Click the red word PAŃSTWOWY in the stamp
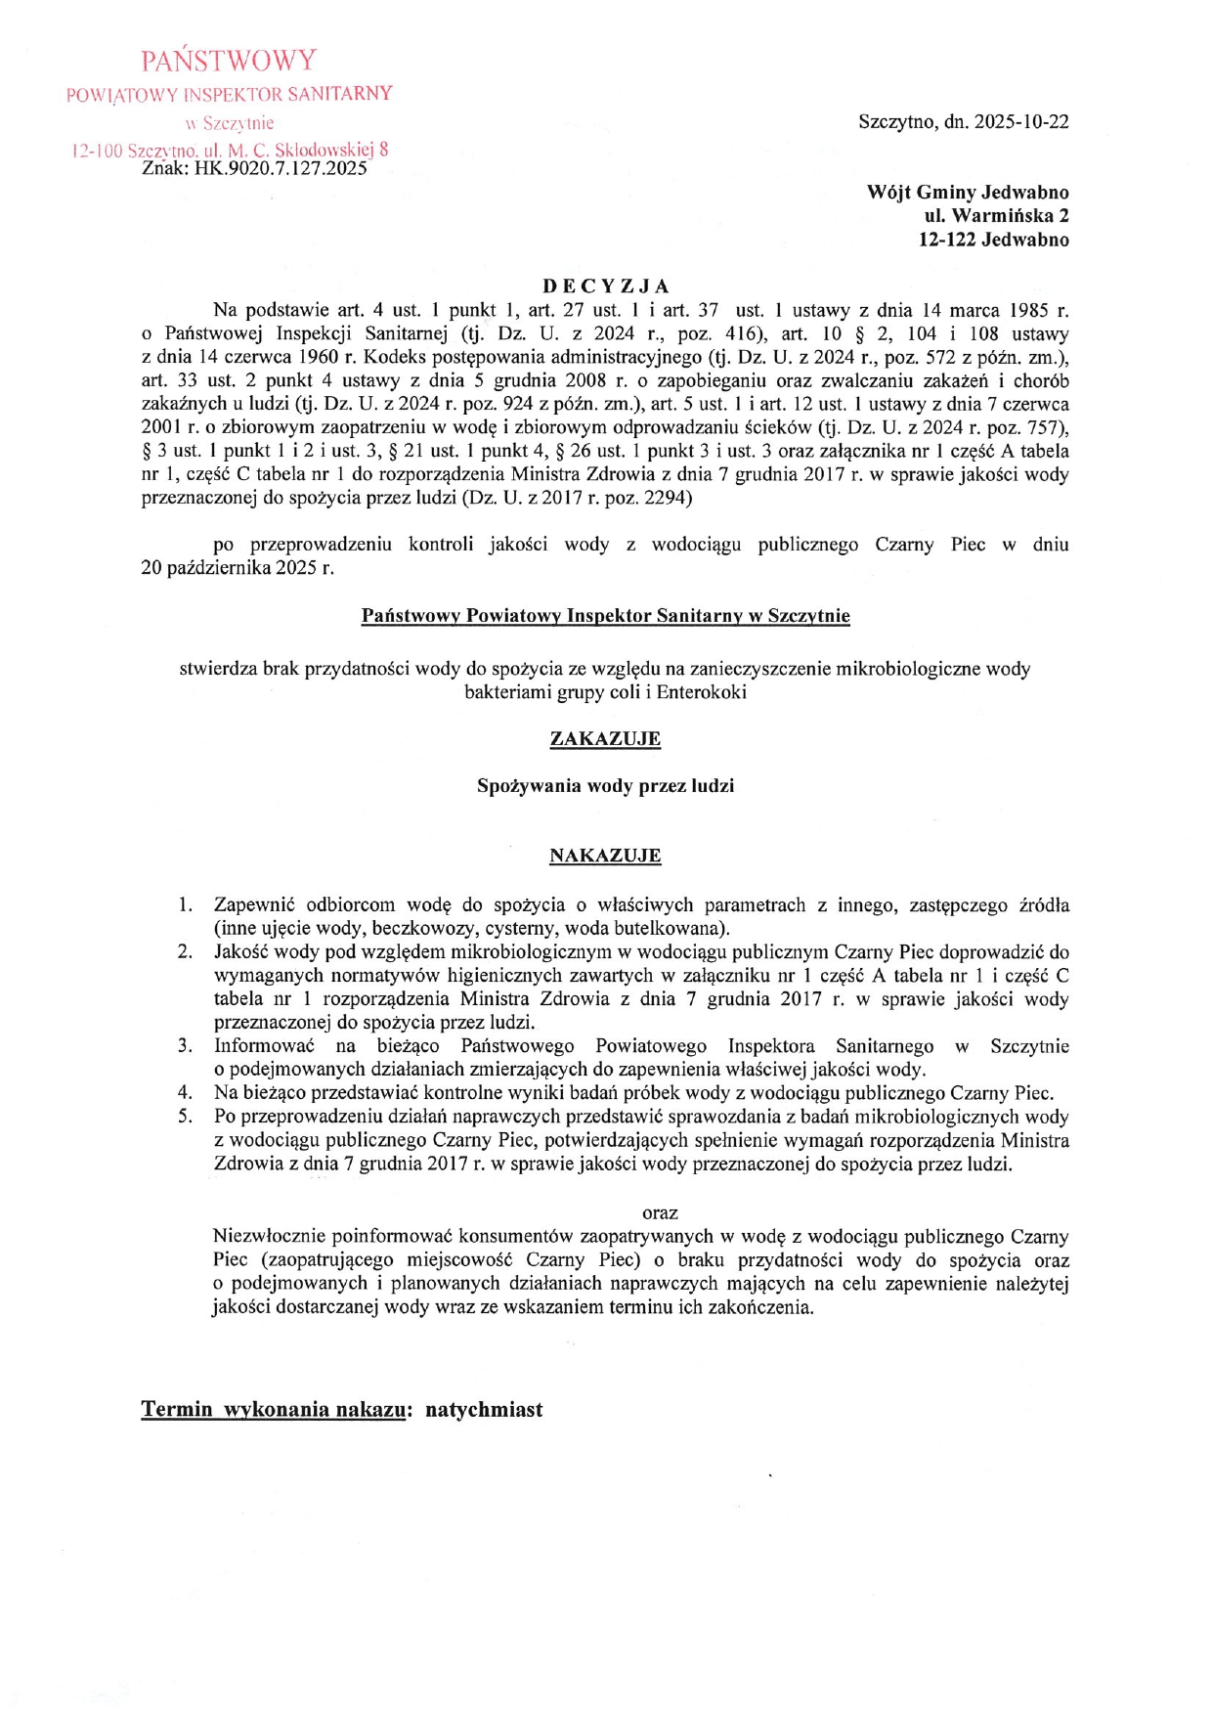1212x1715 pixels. tap(229, 61)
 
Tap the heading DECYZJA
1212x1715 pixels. tap(606, 286)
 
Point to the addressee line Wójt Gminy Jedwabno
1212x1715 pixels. tap(967, 193)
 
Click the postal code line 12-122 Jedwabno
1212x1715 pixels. tap(993, 240)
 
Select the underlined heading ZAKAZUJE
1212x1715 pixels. tap(605, 739)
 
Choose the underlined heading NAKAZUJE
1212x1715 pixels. tap(605, 857)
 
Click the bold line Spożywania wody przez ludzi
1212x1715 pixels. tap(605, 786)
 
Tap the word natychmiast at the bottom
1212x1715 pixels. tap(484, 1410)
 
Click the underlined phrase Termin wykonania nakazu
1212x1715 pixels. tap(273, 1410)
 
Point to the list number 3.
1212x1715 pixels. tap(185, 1046)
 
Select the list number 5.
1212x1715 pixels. tap(185, 1117)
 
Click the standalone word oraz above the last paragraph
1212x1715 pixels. tap(660, 1213)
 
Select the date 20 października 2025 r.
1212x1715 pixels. tap(238, 568)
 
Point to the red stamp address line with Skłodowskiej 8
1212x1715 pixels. tap(231, 151)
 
